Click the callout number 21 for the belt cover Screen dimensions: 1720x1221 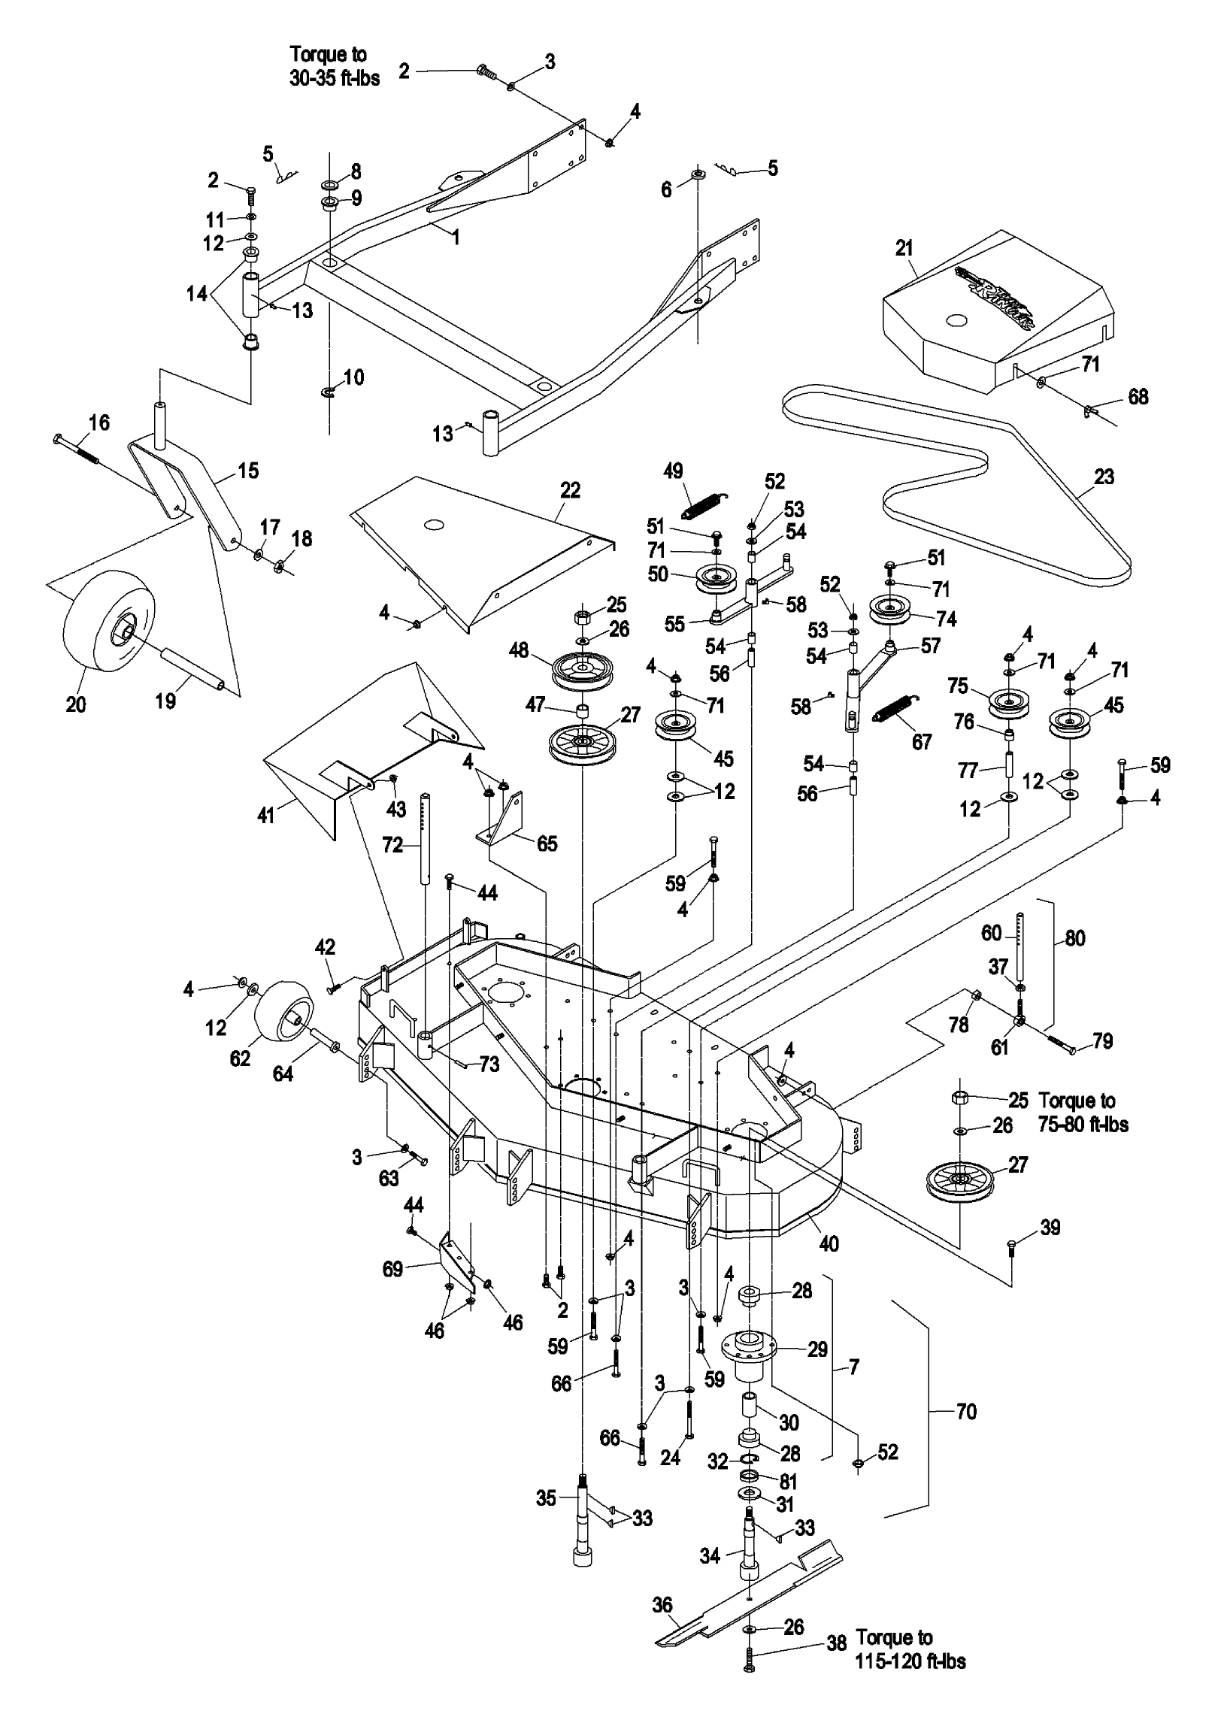(x=904, y=248)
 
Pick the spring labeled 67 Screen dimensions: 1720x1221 (x=895, y=710)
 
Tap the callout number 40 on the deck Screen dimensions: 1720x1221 (x=829, y=1243)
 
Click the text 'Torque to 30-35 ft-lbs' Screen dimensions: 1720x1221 (x=335, y=66)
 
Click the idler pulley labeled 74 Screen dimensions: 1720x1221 (x=895, y=607)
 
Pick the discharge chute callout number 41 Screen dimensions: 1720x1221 (x=266, y=815)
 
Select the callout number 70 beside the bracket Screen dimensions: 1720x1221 (x=966, y=1412)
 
